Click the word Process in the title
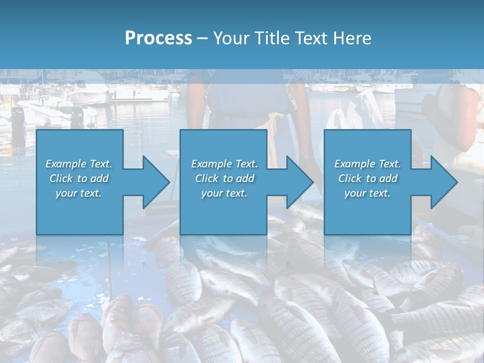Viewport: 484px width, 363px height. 158,38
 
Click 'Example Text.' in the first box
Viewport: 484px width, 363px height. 79,164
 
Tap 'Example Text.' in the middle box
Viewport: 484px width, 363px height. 224,164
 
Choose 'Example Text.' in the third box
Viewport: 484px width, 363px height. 368,164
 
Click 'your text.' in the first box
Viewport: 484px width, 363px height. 79,193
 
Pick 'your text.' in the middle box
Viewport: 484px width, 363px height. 224,193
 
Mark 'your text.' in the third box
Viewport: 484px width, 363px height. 368,193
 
